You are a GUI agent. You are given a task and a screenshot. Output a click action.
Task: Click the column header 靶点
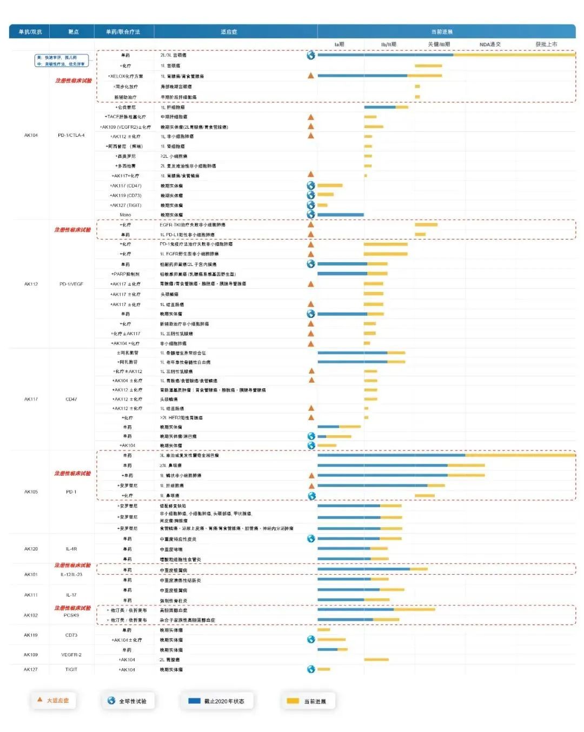(73, 32)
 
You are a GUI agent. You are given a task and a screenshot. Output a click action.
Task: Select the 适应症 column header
(229, 32)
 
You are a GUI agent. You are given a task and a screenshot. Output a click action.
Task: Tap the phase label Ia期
(339, 44)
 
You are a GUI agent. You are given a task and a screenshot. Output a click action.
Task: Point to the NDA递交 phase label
(490, 44)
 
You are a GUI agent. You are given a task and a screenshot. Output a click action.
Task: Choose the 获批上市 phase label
(546, 44)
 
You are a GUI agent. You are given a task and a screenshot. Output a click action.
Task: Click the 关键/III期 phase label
(439, 44)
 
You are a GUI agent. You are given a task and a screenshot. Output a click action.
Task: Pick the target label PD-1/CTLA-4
(71, 135)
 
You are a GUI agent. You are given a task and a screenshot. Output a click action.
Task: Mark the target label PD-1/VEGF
(71, 284)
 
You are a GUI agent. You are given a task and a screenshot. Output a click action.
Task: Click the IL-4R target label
(71, 549)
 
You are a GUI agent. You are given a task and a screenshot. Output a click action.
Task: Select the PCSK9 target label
(71, 615)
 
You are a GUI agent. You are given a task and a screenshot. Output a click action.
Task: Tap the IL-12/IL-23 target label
(71, 574)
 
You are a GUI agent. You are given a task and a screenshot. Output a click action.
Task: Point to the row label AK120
(31, 549)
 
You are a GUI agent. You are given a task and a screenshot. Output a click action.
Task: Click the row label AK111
(31, 595)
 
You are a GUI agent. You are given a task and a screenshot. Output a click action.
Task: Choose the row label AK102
(31, 615)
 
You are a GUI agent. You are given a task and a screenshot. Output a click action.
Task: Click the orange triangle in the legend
(39, 700)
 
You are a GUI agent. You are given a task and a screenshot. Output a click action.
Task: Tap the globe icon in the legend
(111, 701)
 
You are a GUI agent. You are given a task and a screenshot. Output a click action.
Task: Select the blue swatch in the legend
(194, 701)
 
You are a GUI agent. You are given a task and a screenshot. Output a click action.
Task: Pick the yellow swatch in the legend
(293, 701)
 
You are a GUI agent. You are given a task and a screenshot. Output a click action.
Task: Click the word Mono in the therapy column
(125, 215)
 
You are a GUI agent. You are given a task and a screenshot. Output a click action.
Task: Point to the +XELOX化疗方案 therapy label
(125, 76)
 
